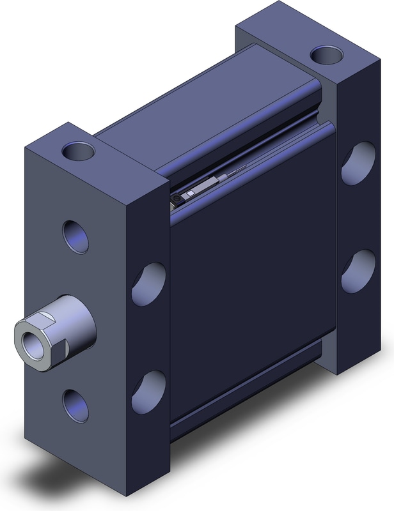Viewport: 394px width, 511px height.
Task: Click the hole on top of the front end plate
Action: point(79,152)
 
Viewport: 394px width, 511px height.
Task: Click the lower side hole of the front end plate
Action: point(148,387)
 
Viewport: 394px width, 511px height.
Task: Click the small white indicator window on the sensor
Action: point(190,194)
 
